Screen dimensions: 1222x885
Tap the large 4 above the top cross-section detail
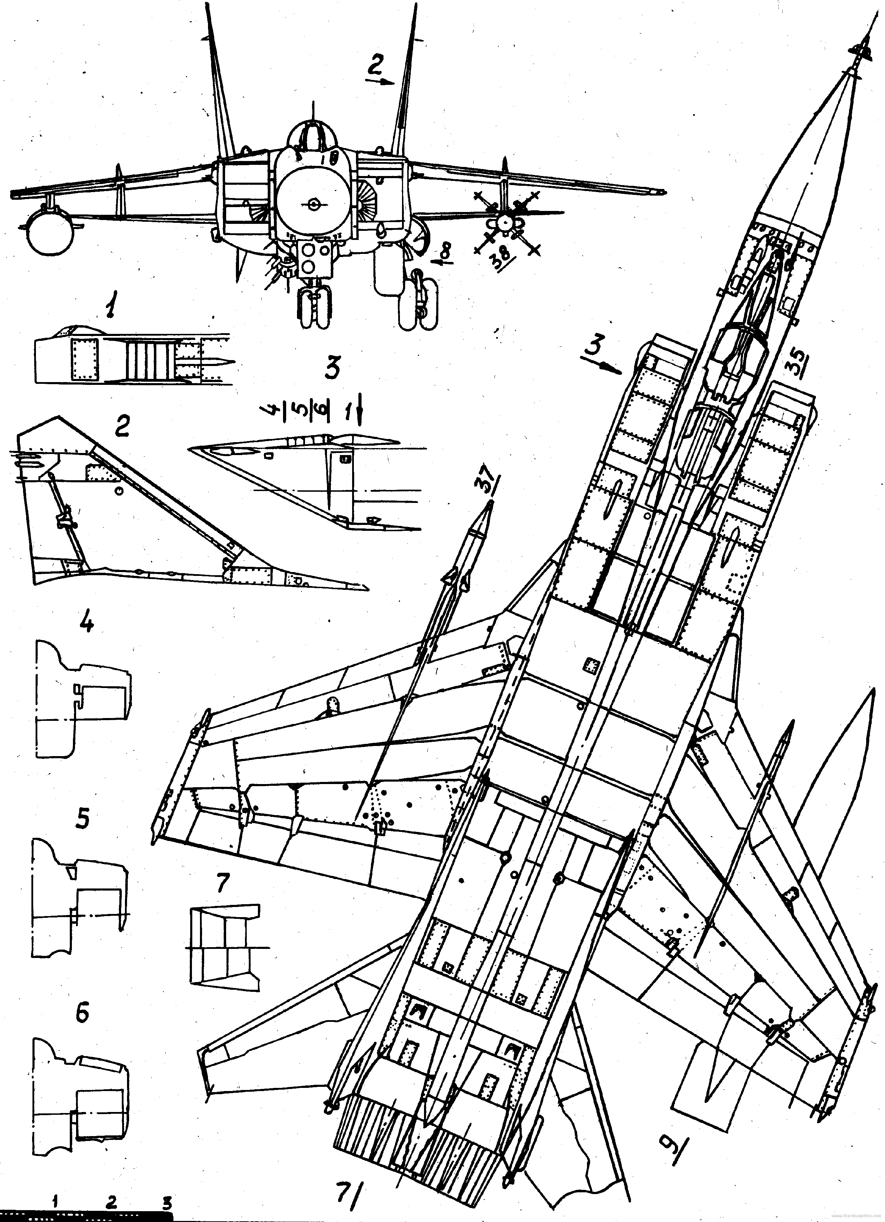coord(86,623)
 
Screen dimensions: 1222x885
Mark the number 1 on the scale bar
coord(55,1199)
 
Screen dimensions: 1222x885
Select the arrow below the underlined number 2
coord(380,81)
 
